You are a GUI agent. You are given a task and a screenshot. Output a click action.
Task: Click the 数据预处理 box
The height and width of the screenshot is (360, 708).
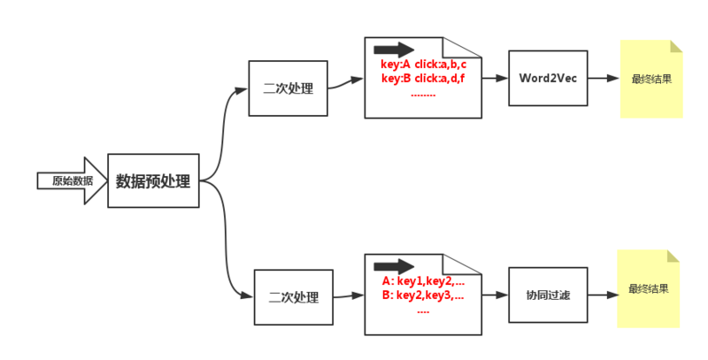(x=153, y=180)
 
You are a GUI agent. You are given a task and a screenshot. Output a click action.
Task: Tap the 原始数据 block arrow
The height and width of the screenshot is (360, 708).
(x=73, y=180)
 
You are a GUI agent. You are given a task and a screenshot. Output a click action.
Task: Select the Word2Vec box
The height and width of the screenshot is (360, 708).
(x=548, y=78)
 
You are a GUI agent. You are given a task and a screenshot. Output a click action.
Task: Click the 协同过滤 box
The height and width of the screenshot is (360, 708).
(x=548, y=295)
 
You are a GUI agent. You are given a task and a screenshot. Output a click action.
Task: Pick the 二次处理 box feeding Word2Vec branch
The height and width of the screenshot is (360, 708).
(x=289, y=88)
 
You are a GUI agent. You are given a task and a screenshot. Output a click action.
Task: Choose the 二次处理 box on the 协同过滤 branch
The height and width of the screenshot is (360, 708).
(x=294, y=297)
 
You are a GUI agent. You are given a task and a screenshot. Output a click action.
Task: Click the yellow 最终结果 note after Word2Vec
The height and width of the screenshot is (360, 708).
(x=651, y=79)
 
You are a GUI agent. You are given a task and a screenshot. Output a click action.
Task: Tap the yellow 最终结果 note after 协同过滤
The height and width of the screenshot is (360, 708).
(x=649, y=288)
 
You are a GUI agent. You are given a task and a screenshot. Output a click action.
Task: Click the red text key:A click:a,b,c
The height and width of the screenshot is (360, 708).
(x=423, y=65)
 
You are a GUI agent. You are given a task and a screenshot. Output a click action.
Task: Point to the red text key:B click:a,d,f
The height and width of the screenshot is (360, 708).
(x=423, y=79)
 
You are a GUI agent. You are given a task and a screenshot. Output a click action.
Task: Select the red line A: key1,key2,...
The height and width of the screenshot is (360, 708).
(x=423, y=281)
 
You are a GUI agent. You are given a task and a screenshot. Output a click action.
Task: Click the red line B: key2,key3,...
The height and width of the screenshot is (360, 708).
(x=423, y=296)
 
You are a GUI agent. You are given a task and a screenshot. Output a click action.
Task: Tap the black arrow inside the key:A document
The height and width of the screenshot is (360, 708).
(x=394, y=50)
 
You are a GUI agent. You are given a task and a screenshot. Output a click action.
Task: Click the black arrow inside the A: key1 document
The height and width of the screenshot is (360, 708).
(x=394, y=266)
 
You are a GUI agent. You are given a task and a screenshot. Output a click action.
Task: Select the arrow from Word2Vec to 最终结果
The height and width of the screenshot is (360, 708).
(x=604, y=78)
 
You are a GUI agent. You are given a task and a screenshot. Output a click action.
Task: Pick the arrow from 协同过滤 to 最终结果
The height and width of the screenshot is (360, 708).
(x=604, y=295)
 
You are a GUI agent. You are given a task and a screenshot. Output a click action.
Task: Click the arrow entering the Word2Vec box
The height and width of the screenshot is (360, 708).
(x=495, y=78)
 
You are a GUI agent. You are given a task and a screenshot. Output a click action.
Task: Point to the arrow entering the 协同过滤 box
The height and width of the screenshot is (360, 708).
(x=495, y=295)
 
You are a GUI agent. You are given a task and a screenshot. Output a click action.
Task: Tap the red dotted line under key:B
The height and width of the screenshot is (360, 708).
(x=423, y=96)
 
